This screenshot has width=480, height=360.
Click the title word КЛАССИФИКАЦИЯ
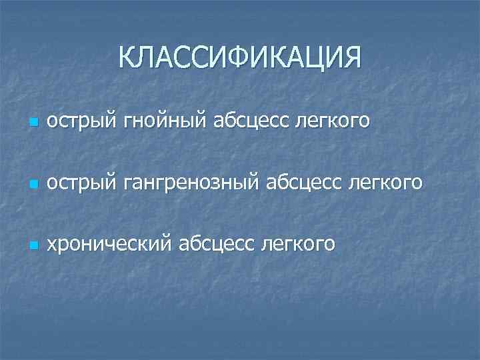(x=240, y=57)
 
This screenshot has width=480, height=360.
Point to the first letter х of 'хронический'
(x=51, y=244)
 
